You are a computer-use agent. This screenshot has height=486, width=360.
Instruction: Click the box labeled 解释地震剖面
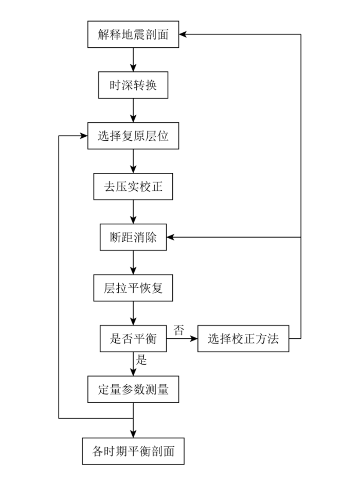pos(133,34)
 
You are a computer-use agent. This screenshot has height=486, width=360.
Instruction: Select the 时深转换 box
pos(133,85)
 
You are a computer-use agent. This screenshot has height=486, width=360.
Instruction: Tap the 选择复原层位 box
pos(133,136)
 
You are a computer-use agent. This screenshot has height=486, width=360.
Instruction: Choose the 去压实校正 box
pos(133,187)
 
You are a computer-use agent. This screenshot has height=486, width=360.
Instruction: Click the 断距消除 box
pos(133,237)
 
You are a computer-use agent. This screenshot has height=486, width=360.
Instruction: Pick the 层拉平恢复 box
pos(133,288)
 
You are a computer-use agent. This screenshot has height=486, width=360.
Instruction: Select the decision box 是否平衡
pos(133,338)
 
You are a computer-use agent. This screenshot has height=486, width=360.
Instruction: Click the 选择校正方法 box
pos(243,338)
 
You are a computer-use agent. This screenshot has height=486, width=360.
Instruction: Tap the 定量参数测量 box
pos(133,389)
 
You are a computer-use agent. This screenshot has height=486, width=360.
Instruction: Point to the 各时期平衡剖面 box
pos(133,451)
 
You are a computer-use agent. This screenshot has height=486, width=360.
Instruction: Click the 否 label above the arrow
pos(179,330)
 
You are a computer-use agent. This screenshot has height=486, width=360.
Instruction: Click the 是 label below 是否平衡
pos(141,360)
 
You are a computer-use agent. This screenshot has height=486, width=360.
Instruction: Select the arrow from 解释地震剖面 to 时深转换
pos(133,60)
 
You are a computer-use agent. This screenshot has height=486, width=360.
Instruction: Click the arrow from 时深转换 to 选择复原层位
pos(133,111)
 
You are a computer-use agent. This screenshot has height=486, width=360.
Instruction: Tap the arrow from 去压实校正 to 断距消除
pos(133,212)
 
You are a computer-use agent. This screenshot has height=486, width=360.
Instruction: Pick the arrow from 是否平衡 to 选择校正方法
pos(182,338)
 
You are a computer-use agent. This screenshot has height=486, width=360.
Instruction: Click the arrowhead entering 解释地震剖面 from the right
pos(183,34)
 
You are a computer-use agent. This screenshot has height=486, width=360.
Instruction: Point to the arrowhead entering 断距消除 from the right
pos(170,237)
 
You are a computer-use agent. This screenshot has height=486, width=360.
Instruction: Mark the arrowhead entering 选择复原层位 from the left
pos(84,136)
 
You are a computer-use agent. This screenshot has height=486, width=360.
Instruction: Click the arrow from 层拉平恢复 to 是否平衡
pos(133,313)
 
